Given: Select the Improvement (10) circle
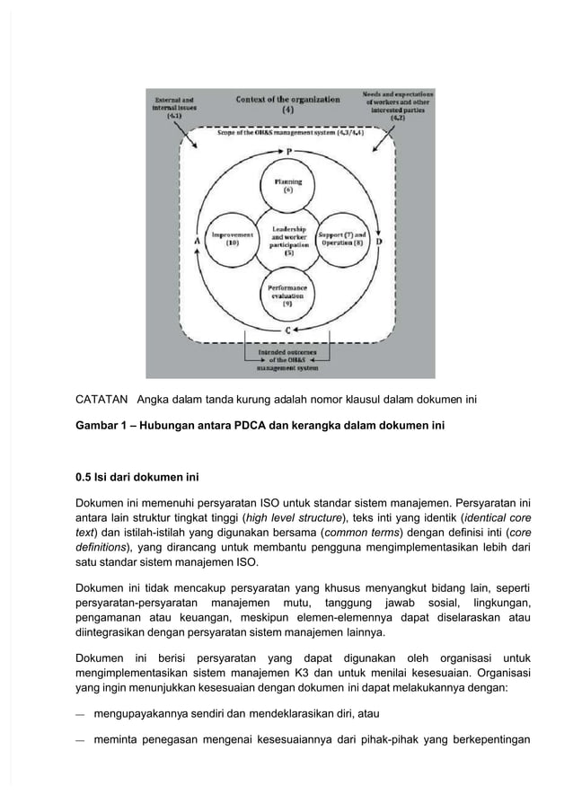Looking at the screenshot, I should (x=232, y=241).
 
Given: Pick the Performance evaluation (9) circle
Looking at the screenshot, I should (x=287, y=296).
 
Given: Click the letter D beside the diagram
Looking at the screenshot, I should (x=379, y=243).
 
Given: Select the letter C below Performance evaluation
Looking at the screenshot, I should (x=287, y=331).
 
